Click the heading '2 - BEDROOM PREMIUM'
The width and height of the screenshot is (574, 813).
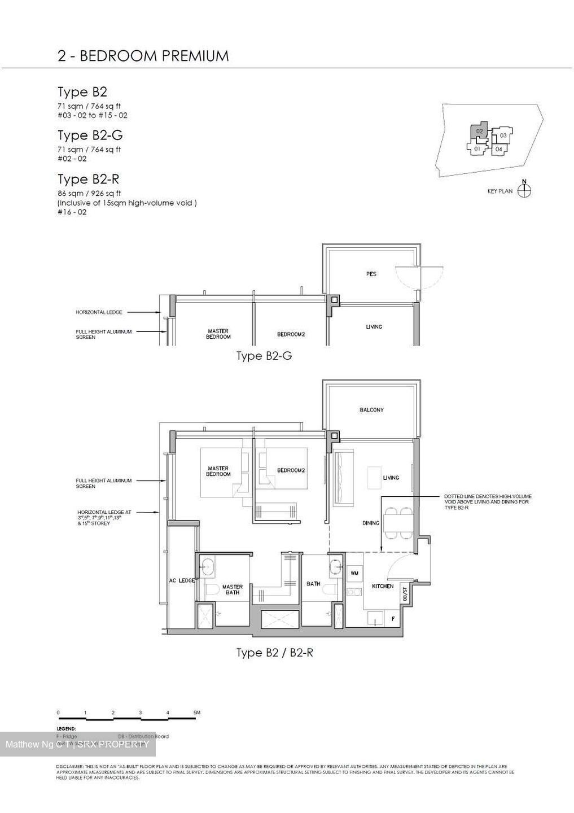click(x=143, y=55)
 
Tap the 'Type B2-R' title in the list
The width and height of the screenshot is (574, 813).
click(x=88, y=179)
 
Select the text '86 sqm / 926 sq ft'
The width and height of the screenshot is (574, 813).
click(x=89, y=193)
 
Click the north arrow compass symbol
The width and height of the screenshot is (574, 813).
click(x=524, y=190)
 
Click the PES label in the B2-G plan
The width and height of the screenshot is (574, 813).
click(x=371, y=274)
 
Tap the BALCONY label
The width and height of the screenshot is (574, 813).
click(x=371, y=410)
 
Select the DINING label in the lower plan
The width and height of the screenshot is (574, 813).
click(x=370, y=523)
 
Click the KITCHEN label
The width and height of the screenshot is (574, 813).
click(x=382, y=586)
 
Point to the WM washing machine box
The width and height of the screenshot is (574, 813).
click(x=354, y=573)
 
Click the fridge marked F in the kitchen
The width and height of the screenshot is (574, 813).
click(x=393, y=618)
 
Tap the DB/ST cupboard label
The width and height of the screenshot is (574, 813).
click(x=405, y=593)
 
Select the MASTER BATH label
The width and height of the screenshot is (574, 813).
click(x=232, y=589)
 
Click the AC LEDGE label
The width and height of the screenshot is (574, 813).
click(x=182, y=580)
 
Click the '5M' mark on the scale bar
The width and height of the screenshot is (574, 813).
click(x=196, y=713)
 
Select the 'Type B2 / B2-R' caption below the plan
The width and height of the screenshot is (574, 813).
click(x=274, y=653)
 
